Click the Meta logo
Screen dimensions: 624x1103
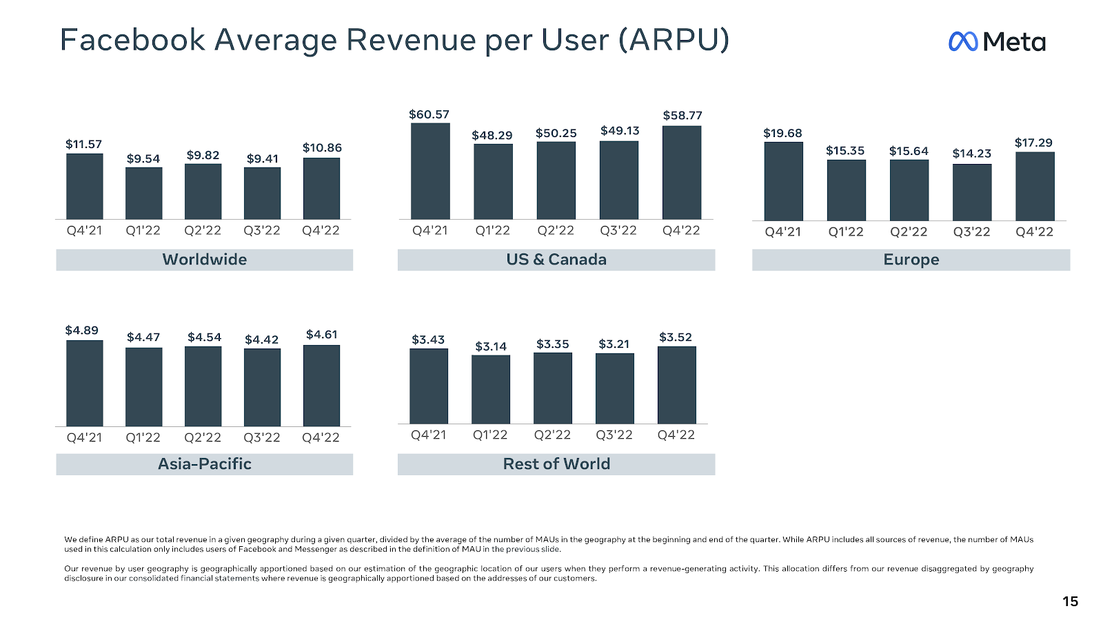pyautogui.click(x=997, y=42)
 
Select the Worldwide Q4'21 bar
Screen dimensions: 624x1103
pyautogui.click(x=85, y=186)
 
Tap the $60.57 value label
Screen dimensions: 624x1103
pyautogui.click(x=429, y=114)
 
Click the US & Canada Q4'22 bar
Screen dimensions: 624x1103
pyautogui.click(x=682, y=172)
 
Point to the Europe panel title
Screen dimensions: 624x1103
pyautogui.click(x=911, y=260)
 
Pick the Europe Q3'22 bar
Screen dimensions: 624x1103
pyautogui.click(x=972, y=192)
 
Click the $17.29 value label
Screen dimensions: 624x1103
pyautogui.click(x=1033, y=143)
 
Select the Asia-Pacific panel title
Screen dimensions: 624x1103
pyautogui.click(x=205, y=464)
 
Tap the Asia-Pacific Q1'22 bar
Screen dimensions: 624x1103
pyautogui.click(x=143, y=386)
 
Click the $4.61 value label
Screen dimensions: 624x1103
pyautogui.click(x=322, y=335)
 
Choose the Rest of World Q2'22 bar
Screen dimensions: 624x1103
pyautogui.click(x=553, y=388)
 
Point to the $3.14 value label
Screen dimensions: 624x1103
pyautogui.click(x=491, y=346)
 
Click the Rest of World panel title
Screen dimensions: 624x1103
pyautogui.click(x=556, y=464)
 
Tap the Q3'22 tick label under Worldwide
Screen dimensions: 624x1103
pyautogui.click(x=262, y=231)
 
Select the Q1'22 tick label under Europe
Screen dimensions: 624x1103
pyautogui.click(x=846, y=232)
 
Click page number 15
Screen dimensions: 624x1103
pyautogui.click(x=1070, y=601)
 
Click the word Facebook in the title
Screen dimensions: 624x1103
pyautogui.click(x=132, y=40)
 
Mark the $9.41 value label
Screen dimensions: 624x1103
pyautogui.click(x=263, y=158)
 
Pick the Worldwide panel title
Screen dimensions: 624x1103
pyautogui.click(x=205, y=260)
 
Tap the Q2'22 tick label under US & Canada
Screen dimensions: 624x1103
pyautogui.click(x=556, y=231)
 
